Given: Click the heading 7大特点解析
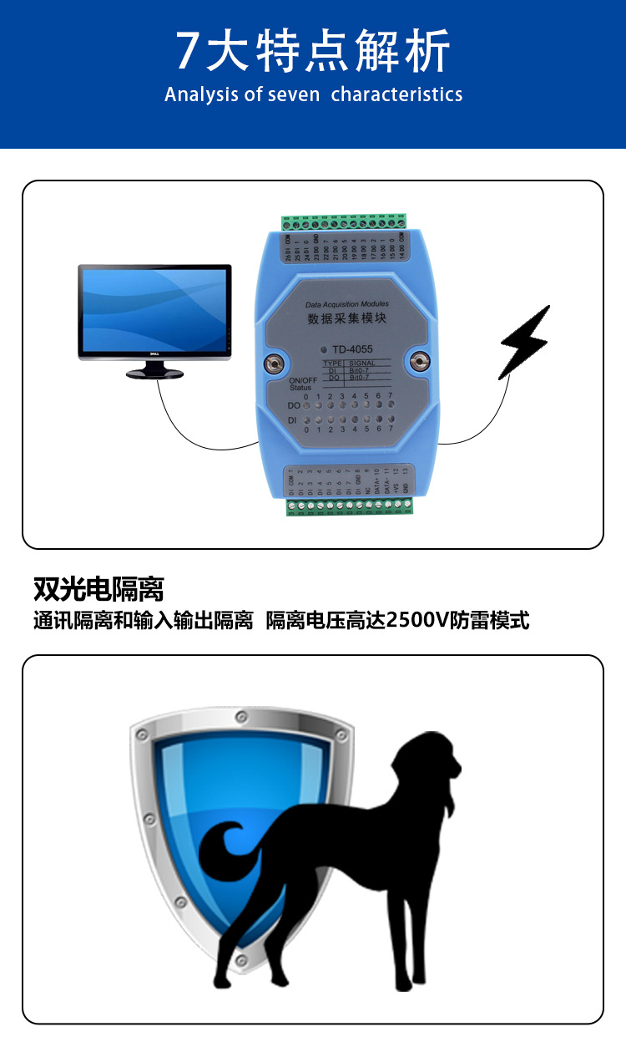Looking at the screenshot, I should pyautogui.click(x=313, y=52).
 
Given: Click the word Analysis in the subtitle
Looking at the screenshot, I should pyautogui.click(x=201, y=94).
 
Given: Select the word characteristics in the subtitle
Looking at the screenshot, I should pyautogui.click(x=396, y=94).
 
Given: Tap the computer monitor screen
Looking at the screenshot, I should pyautogui.click(x=154, y=310).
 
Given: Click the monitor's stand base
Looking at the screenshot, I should pyautogui.click(x=155, y=374).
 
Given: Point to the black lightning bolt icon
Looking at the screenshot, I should pyautogui.click(x=525, y=342).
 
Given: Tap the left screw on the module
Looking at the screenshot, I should pyautogui.click(x=271, y=363).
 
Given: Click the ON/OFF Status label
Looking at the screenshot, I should pyautogui.click(x=303, y=384).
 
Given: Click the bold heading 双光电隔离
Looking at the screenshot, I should pyautogui.click(x=98, y=589).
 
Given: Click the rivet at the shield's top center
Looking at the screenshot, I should pyautogui.click(x=241, y=715).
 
